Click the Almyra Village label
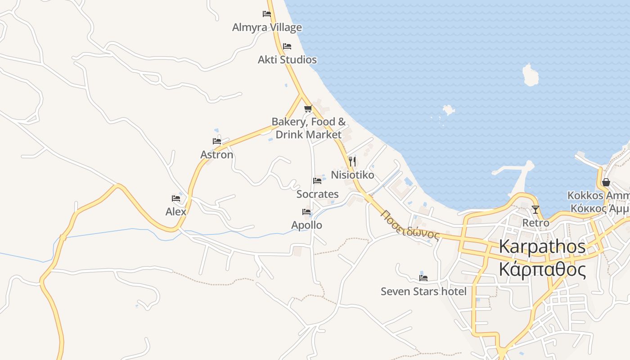pos(267,27)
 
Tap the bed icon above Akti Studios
pos(287,46)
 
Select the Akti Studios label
pos(287,59)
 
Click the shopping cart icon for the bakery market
pos(308,108)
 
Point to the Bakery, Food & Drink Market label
pos(309,128)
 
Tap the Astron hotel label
pos(217,154)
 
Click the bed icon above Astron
pos(217,141)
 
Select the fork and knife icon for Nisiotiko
pos(352,161)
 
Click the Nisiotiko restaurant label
pos(352,175)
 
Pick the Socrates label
pos(317,194)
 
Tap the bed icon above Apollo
pos(306,212)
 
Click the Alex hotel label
pos(176,211)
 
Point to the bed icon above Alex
pos(176,198)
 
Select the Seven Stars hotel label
pos(423,291)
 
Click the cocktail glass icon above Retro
pos(535,210)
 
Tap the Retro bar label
pos(535,223)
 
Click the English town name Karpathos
pos(542,247)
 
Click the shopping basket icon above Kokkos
pos(606,182)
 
